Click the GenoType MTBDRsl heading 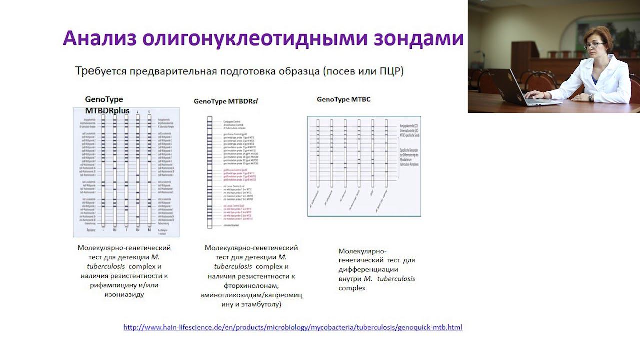tap(226, 101)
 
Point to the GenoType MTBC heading tap(344, 99)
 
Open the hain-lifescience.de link tap(293, 328)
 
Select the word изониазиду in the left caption tap(124, 294)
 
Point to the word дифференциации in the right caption tap(368, 269)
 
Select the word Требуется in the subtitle tap(100, 71)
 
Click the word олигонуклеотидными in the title tap(263, 38)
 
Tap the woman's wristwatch tap(591, 97)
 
